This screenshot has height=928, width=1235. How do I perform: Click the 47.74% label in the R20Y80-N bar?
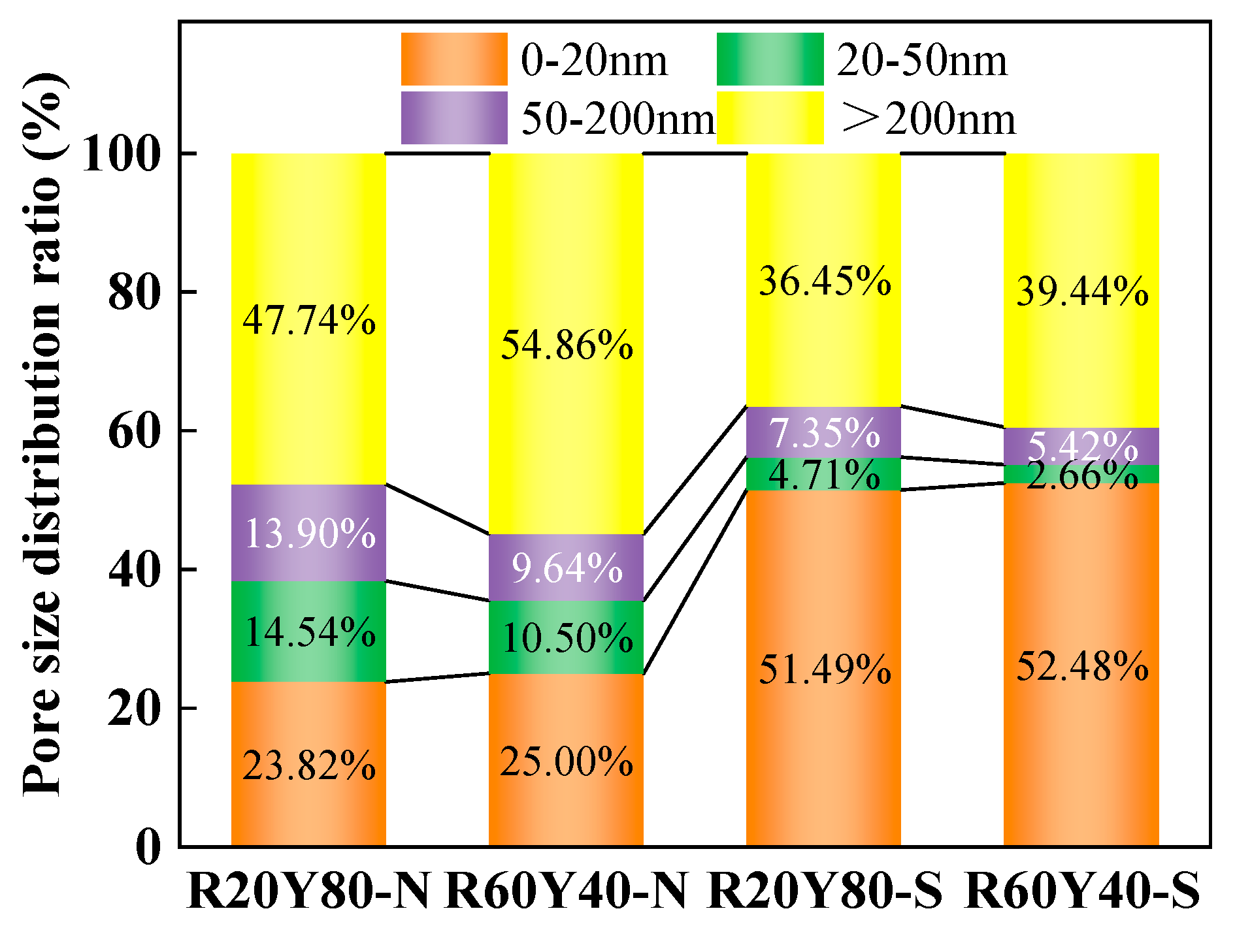click(x=309, y=321)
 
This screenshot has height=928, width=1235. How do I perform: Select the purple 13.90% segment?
click(x=309, y=533)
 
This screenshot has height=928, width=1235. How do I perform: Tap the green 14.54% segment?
click(x=309, y=632)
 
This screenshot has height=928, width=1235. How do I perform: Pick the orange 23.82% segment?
click(x=309, y=765)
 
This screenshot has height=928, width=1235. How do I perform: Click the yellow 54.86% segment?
click(x=567, y=344)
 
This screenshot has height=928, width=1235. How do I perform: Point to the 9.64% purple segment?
click(x=567, y=568)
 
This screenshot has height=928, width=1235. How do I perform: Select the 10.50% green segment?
click(x=567, y=637)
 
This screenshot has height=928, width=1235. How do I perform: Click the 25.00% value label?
click(x=567, y=761)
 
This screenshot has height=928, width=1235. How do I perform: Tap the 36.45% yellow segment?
click(x=824, y=281)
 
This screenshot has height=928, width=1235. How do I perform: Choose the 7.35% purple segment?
click(x=824, y=432)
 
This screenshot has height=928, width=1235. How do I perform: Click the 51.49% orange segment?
click(x=824, y=669)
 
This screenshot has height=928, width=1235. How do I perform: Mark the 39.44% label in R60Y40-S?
click(x=1081, y=291)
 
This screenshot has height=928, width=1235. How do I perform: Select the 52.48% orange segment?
click(x=1081, y=666)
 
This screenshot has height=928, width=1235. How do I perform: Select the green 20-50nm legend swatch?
click(x=770, y=59)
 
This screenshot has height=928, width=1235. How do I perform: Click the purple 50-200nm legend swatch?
click(x=454, y=118)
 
